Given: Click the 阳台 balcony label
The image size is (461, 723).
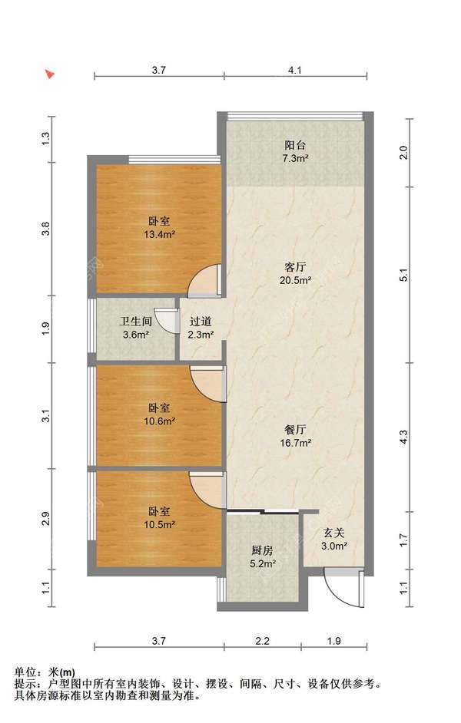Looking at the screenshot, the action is (x=295, y=145).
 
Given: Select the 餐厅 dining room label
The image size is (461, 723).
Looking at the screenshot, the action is (x=295, y=430).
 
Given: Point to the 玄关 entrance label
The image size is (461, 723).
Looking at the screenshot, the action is (x=333, y=533).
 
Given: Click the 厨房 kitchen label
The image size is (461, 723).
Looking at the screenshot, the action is (x=262, y=550).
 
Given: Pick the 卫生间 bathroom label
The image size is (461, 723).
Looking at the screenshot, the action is (x=136, y=322).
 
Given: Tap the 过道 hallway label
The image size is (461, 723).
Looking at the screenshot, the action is (x=201, y=322).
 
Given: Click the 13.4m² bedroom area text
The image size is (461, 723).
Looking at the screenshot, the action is (x=159, y=234).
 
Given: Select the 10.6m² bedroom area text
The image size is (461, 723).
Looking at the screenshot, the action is (x=159, y=421).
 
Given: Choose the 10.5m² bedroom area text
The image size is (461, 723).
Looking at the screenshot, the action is (x=159, y=525).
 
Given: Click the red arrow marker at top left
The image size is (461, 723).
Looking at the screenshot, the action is (x=50, y=74).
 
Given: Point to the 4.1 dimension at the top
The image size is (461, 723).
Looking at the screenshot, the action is (x=295, y=70).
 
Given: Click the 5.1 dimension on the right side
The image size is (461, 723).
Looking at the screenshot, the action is (x=404, y=275).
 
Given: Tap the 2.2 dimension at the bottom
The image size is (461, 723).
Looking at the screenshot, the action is (x=263, y=640).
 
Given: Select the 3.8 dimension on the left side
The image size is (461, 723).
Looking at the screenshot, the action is (x=45, y=229).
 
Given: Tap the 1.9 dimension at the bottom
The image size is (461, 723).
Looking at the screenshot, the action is (x=334, y=640).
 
